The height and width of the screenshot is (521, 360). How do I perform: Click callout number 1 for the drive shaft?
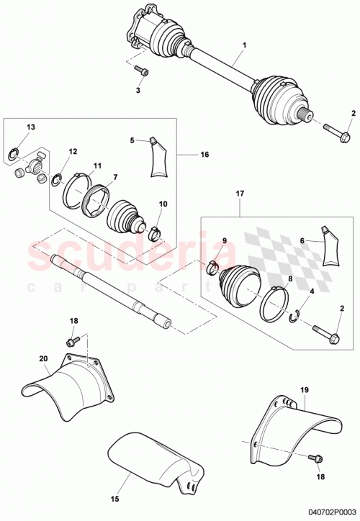tap(243, 45)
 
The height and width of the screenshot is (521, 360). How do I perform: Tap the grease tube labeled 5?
tap(160, 158)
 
